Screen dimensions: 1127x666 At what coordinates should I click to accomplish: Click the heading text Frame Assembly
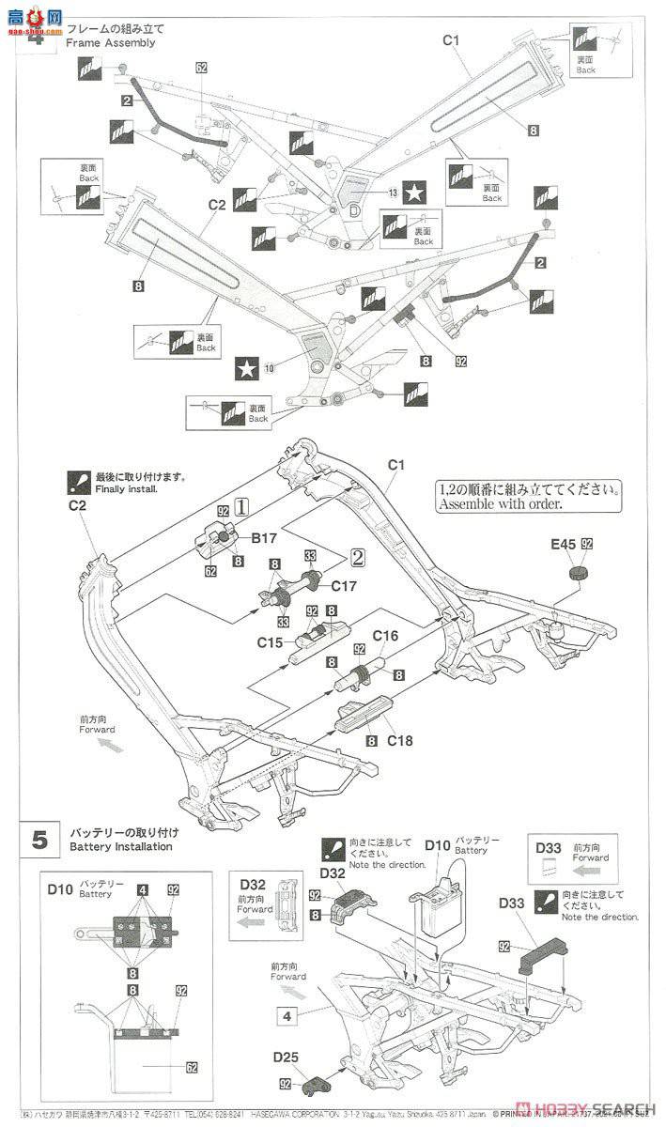[x=111, y=43]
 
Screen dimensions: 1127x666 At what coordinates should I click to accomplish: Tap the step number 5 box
[x=39, y=839]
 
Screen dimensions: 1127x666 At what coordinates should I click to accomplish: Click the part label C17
[x=345, y=585]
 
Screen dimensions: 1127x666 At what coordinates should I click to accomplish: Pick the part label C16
[x=385, y=636]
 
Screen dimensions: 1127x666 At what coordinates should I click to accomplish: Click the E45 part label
[x=565, y=544]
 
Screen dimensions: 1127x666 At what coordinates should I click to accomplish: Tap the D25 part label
[x=287, y=1057]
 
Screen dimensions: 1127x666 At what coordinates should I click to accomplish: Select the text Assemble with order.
[x=499, y=503]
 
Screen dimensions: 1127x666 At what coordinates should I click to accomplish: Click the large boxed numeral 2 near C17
[x=357, y=557]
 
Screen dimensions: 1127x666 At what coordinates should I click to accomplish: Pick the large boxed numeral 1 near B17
[x=241, y=506]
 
